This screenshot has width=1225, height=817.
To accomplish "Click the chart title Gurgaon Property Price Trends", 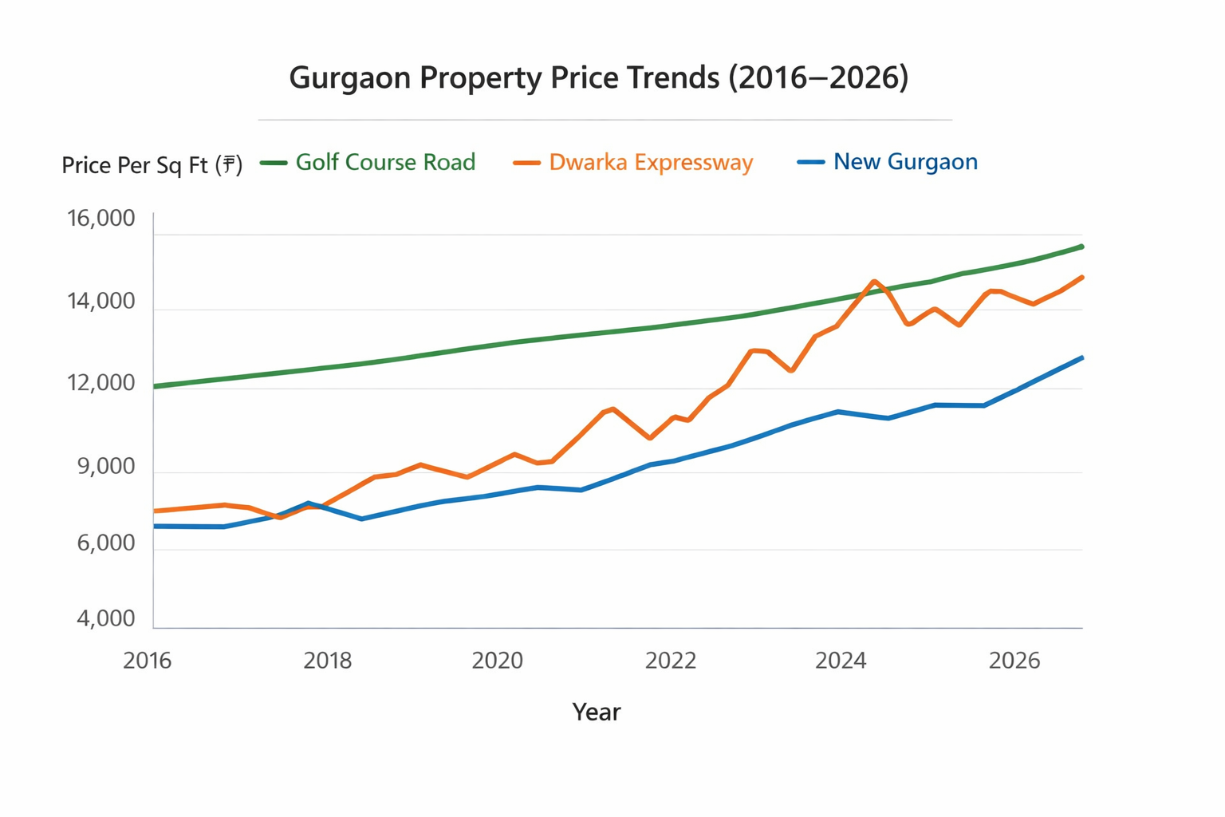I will click(x=598, y=78).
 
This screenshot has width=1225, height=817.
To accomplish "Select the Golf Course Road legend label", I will click(x=385, y=162).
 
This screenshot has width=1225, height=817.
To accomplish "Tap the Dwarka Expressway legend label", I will click(x=651, y=162).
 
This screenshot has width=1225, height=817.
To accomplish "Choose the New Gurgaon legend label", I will click(x=905, y=162).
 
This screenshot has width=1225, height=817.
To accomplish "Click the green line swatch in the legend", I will click(x=274, y=163).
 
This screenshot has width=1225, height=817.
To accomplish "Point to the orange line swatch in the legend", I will click(x=526, y=163).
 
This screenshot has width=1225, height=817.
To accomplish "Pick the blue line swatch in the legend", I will click(x=810, y=162).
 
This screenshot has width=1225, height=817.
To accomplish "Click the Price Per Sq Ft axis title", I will click(x=152, y=165).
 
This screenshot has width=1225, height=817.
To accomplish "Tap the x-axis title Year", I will click(x=596, y=712).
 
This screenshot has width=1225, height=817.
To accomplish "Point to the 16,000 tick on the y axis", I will click(x=101, y=219).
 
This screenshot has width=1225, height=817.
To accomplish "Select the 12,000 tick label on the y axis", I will click(x=101, y=383).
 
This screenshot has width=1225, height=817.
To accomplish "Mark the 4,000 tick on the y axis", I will click(x=106, y=619).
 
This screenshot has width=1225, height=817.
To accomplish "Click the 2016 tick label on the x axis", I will click(x=148, y=661).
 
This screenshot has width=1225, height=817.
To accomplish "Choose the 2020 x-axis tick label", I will click(x=497, y=661).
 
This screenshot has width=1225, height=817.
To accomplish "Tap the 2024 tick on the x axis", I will click(x=841, y=661).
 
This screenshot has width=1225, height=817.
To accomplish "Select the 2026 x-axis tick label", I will click(x=1014, y=661).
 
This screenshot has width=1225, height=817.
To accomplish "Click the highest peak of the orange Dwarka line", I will click(x=875, y=281).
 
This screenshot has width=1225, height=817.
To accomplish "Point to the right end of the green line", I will click(x=1081, y=247).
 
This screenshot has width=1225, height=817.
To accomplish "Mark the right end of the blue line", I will click(x=1081, y=358).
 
